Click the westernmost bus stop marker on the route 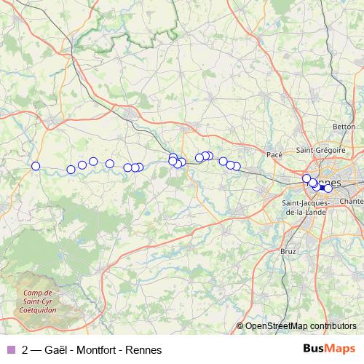click(36, 166)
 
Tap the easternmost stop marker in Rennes click(328, 189)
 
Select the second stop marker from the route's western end click(71, 170)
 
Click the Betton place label click(342, 127)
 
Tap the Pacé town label click(274, 154)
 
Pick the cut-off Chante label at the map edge click(352, 201)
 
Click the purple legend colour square click(10, 349)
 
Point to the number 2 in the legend click(26, 349)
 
